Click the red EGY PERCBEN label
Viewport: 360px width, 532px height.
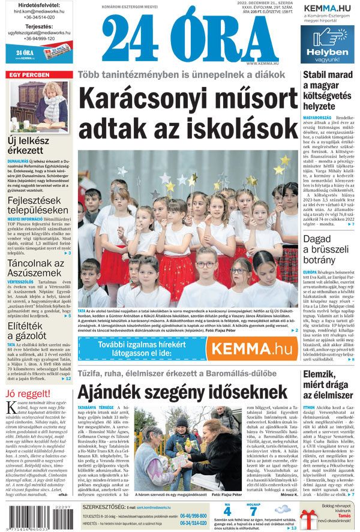(x=28, y=76)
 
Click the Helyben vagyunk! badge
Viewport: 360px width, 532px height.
(x=327, y=55)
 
